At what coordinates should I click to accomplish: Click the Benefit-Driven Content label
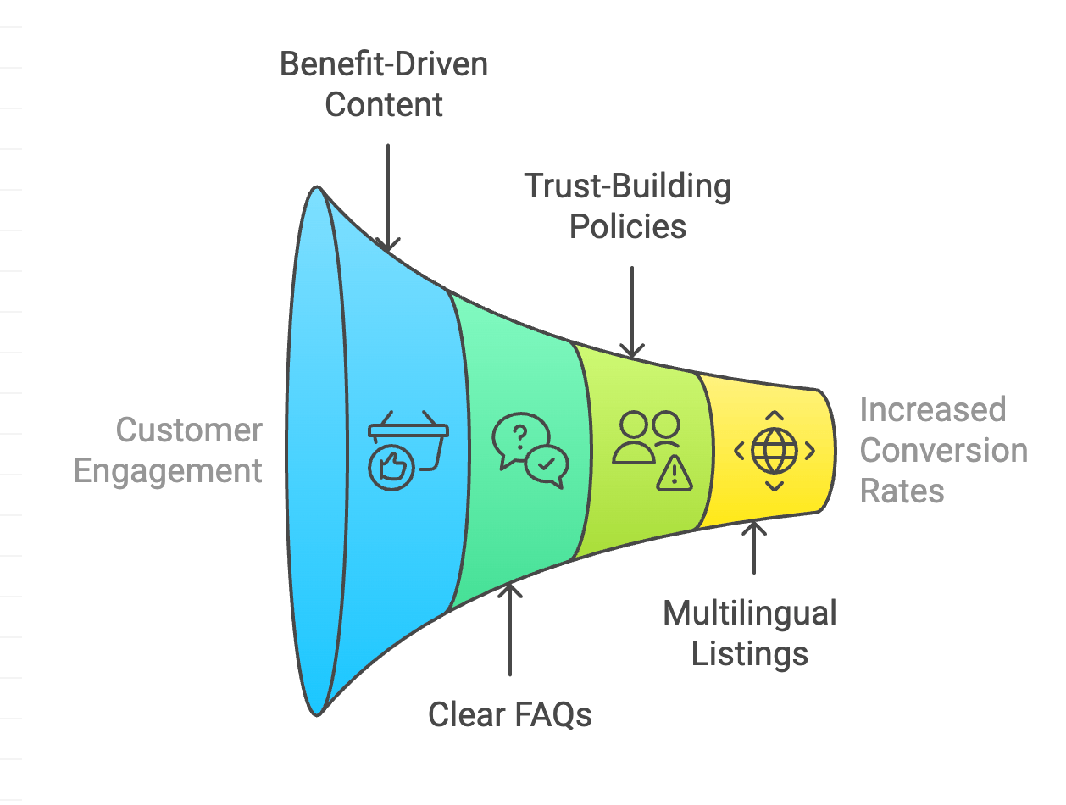[x=384, y=85]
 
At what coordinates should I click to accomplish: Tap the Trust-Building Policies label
[x=628, y=206]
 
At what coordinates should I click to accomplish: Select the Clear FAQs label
[x=509, y=714]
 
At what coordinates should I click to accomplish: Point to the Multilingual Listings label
[x=750, y=633]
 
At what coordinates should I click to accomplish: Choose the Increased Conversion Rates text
[x=943, y=450]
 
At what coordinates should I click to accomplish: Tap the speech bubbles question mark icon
[x=530, y=450]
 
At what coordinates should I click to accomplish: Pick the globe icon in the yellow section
[x=775, y=451]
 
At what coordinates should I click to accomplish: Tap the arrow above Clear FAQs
[x=510, y=627]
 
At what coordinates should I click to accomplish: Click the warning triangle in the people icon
[x=675, y=475]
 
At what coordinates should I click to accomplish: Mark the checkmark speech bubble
[x=547, y=465]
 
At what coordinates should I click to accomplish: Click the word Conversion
[x=943, y=450]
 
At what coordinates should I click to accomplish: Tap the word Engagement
[x=168, y=470]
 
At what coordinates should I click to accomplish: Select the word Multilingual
[x=750, y=613]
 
